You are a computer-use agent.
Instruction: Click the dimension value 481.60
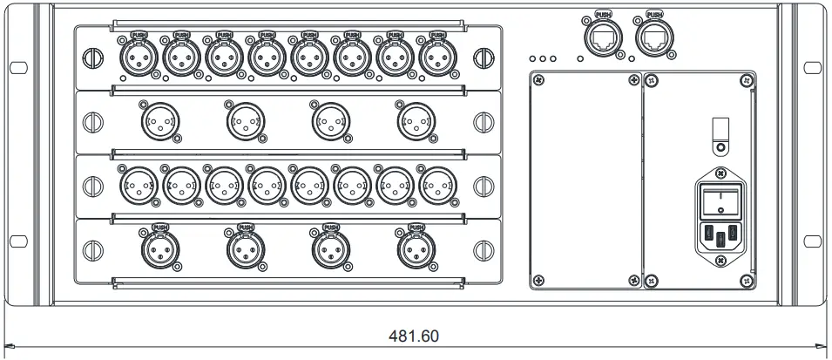tap(416, 336)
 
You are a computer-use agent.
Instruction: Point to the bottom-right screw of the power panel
tap(745, 280)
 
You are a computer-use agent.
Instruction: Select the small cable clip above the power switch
tap(719, 130)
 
